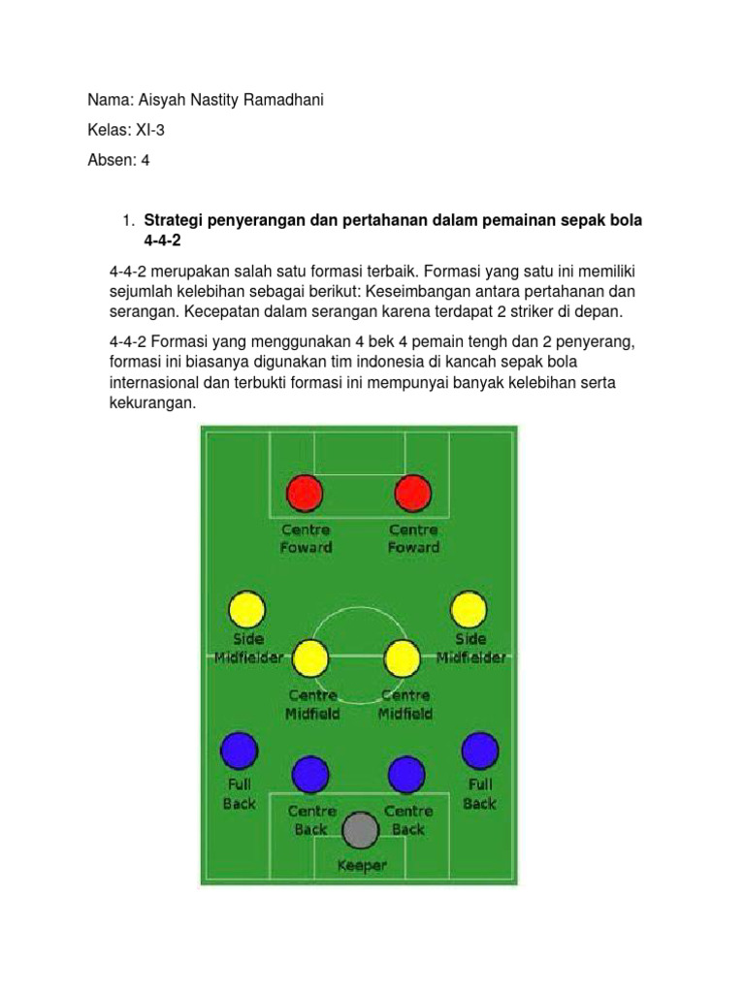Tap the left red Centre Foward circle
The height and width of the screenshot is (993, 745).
point(306,493)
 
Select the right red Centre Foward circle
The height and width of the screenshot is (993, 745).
point(413,493)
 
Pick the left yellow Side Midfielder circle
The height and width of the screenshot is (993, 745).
point(246,609)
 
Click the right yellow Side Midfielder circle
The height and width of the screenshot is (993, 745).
point(470,609)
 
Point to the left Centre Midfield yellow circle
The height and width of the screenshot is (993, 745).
point(310,658)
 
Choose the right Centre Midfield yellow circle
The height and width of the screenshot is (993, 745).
point(402,658)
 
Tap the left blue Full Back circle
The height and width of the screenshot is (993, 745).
point(240,751)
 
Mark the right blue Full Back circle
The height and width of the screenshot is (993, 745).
point(479,751)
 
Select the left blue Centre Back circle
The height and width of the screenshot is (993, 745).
point(310,774)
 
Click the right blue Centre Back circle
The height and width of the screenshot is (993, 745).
point(406,774)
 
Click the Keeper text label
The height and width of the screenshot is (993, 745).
point(361,865)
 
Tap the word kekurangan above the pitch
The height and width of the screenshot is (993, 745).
point(152,401)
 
